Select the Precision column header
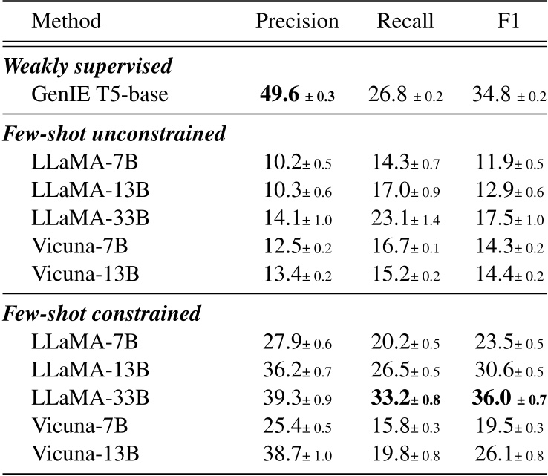(297, 22)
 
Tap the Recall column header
(405, 22)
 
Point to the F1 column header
(509, 22)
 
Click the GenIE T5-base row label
(100, 94)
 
